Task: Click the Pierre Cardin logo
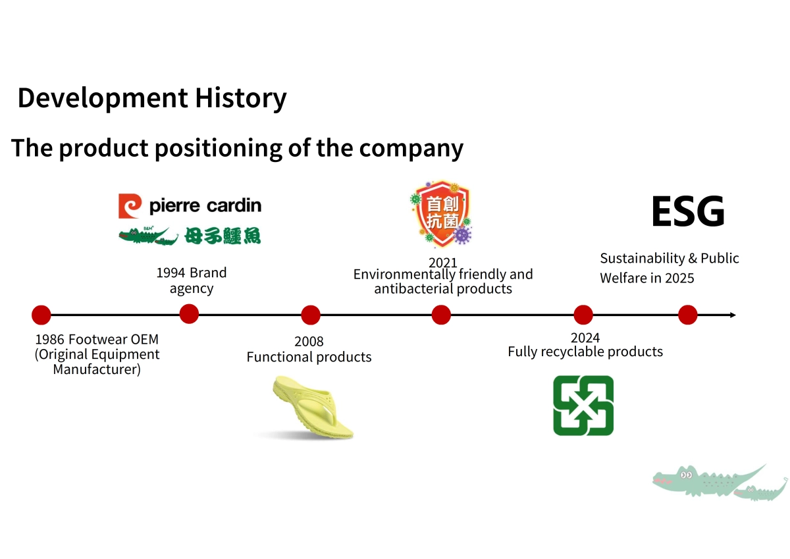pyautogui.click(x=190, y=205)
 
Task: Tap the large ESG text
pyautogui.click(x=687, y=212)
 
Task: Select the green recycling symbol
pyautogui.click(x=583, y=406)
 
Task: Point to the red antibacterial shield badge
pyautogui.click(x=440, y=212)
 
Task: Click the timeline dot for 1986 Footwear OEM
pyautogui.click(x=41, y=315)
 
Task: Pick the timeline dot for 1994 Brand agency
pyautogui.click(x=189, y=314)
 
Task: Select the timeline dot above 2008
pyautogui.click(x=311, y=315)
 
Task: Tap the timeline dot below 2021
pyautogui.click(x=441, y=315)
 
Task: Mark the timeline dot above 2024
pyautogui.click(x=583, y=315)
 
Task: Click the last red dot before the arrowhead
pyautogui.click(x=687, y=315)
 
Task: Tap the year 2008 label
pyautogui.click(x=309, y=341)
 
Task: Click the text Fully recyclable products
pyautogui.click(x=585, y=352)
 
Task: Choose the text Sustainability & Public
pyautogui.click(x=669, y=258)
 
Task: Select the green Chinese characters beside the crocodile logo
pyautogui.click(x=223, y=236)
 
